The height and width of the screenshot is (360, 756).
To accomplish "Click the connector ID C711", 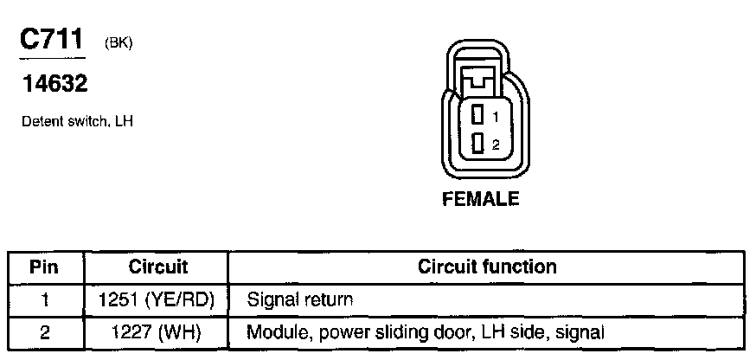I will [50, 41].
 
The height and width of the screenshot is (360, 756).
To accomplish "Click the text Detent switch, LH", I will [76, 122].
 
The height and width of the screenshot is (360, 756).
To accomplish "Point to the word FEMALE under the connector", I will [481, 200].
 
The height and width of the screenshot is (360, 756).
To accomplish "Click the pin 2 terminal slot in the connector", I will [477, 145].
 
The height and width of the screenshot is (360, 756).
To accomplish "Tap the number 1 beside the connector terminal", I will [496, 116].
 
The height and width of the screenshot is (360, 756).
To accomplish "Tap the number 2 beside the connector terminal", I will [496, 145].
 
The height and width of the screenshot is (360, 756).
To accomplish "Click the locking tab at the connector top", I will [478, 83].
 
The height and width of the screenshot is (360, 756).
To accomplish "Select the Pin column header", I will [44, 267].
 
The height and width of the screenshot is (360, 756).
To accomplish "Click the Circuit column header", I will [158, 267].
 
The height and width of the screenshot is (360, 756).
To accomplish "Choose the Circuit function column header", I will [487, 267].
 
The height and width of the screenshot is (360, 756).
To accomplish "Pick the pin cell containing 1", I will [44, 300].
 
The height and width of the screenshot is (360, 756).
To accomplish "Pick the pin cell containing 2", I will [44, 331].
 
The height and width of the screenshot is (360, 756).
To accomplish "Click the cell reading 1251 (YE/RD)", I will [158, 300].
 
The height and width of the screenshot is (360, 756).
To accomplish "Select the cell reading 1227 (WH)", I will [158, 331].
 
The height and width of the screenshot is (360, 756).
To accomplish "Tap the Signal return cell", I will [300, 300].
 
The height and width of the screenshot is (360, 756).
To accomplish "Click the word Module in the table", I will [272, 331].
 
